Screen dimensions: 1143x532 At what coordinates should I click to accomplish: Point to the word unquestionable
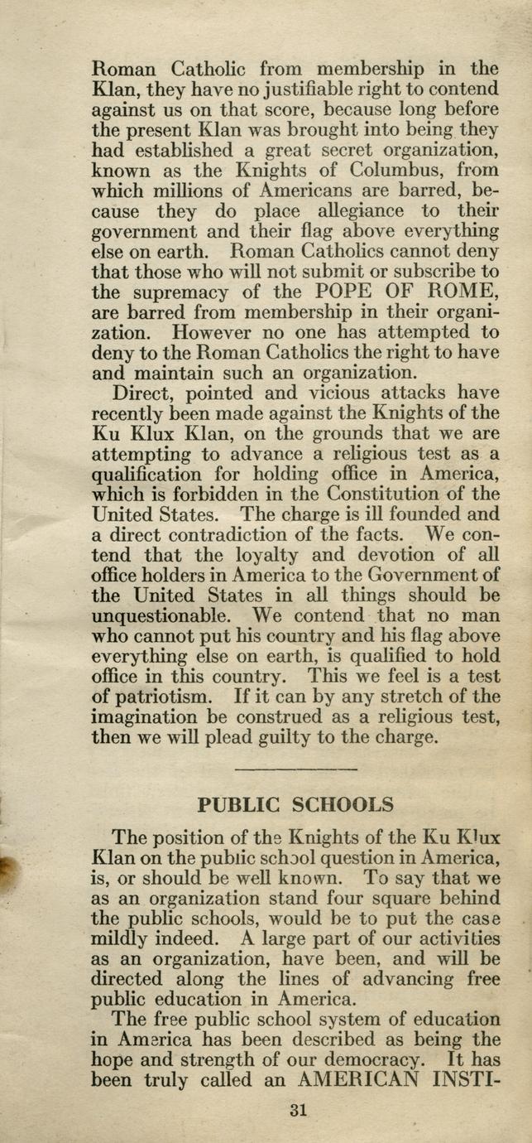click(160, 615)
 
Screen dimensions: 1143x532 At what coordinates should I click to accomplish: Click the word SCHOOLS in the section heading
click(337, 804)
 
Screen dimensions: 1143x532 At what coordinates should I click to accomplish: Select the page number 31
click(298, 1111)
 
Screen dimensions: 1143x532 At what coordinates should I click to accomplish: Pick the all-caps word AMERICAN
click(367, 1081)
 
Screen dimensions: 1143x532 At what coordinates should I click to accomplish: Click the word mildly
click(120, 938)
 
